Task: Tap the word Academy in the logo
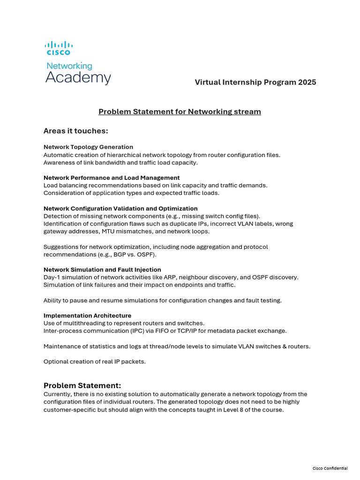(x=78, y=78)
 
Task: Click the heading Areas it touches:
(x=75, y=131)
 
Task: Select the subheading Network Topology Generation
(x=88, y=147)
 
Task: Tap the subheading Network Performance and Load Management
(x=112, y=178)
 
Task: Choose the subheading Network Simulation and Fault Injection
(x=102, y=270)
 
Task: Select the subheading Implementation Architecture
(x=87, y=315)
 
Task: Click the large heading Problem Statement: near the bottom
(x=82, y=385)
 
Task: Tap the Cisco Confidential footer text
(x=330, y=468)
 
